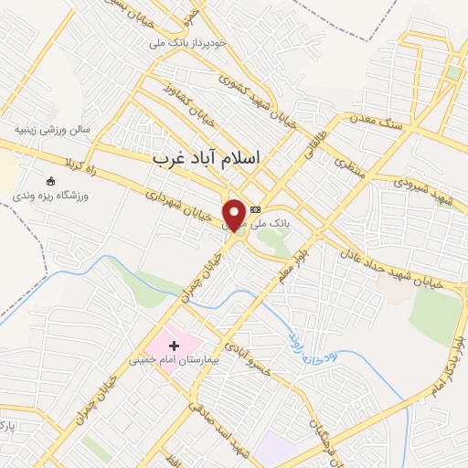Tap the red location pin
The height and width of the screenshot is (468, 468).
coord(235,214)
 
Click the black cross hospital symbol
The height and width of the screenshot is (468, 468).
coord(175,346)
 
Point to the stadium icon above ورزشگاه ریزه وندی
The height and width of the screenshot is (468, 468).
coord(49,180)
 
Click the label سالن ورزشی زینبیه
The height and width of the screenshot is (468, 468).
coord(51,130)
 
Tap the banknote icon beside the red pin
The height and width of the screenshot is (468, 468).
coord(255,208)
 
